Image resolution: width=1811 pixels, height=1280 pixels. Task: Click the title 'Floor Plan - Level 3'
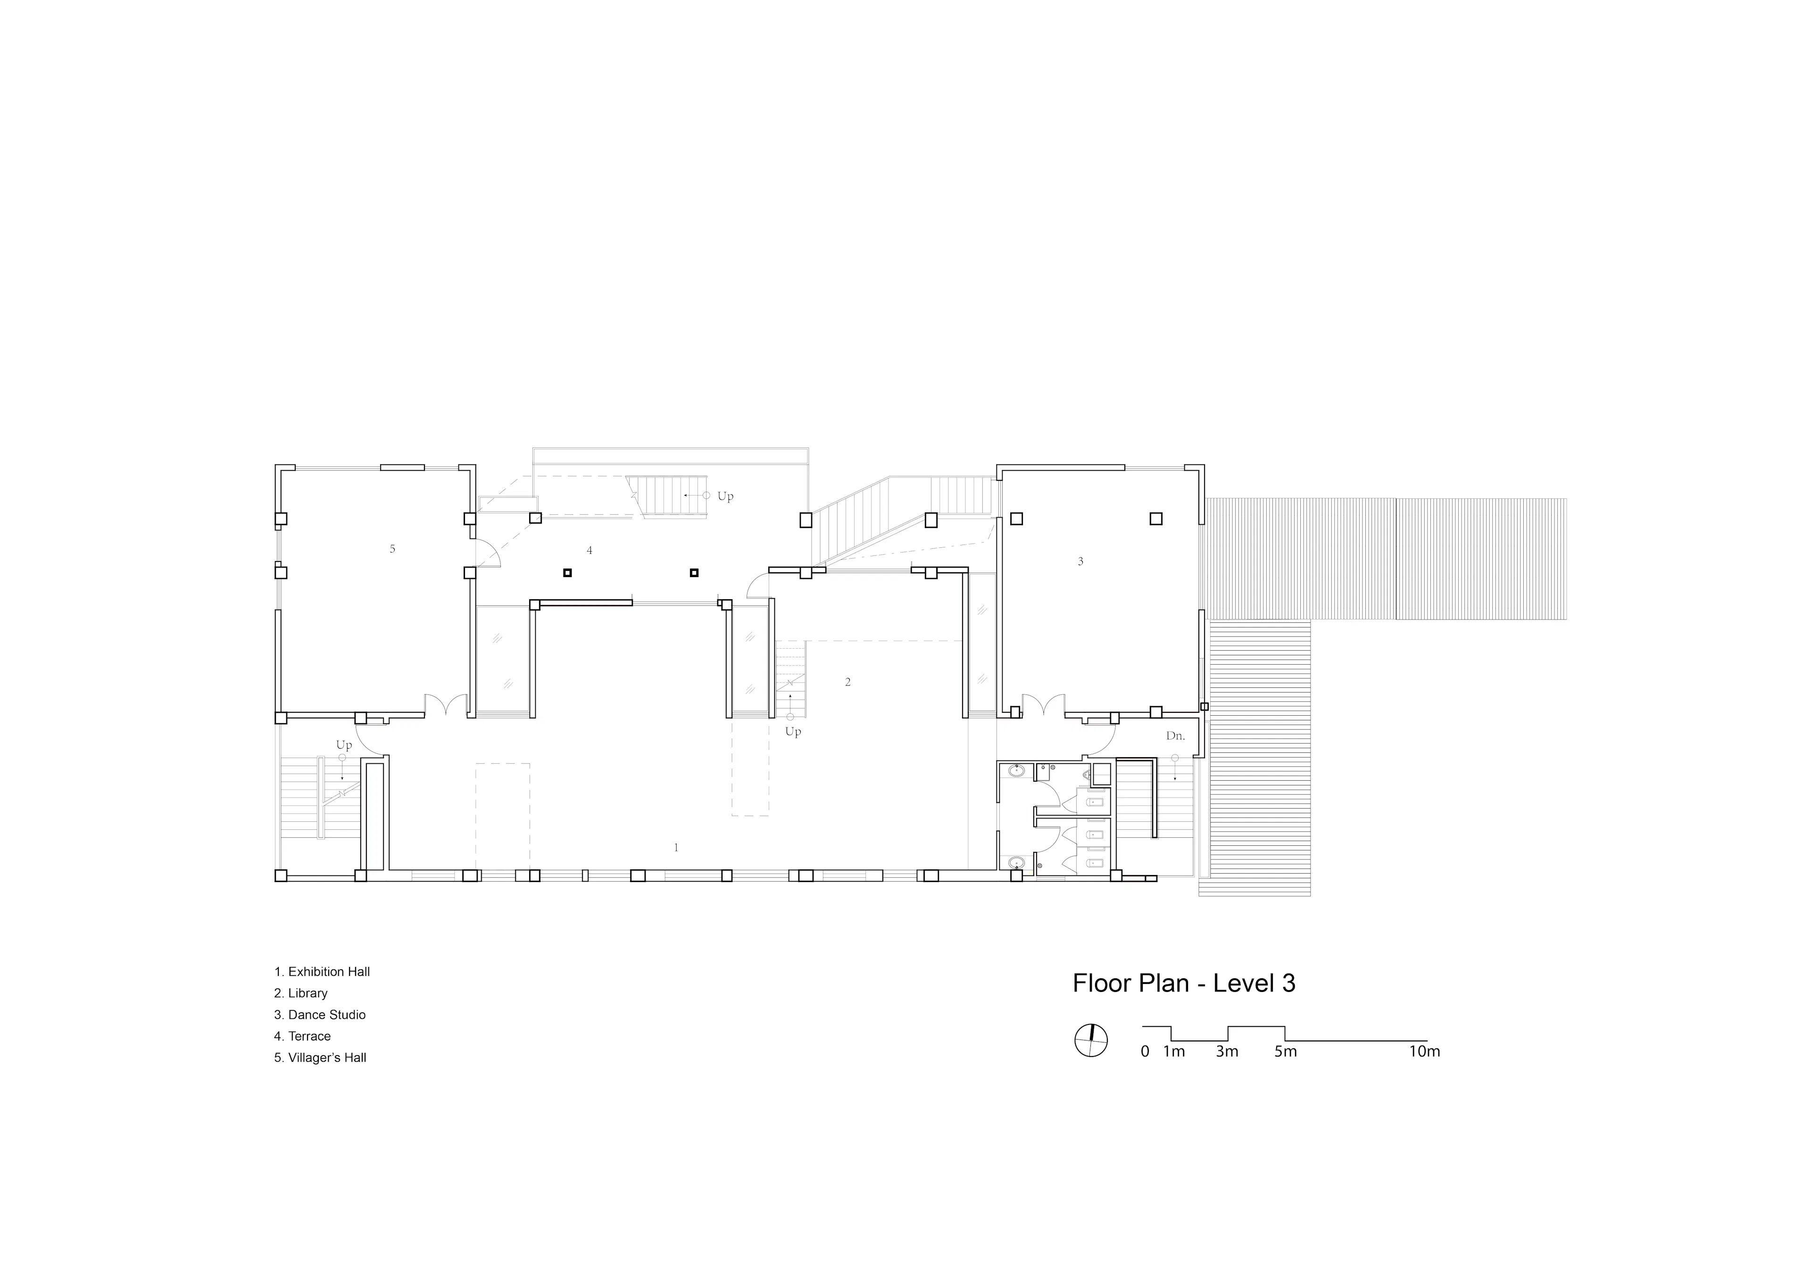[1183, 983]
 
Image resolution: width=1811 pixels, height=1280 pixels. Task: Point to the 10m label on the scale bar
[1424, 1051]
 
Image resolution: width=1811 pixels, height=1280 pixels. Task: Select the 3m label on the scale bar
[1227, 1051]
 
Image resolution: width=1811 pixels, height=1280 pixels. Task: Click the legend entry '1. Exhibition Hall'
[322, 972]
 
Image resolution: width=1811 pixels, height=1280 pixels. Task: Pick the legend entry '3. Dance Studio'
[319, 1014]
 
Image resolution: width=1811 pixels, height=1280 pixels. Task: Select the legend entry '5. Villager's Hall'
[320, 1057]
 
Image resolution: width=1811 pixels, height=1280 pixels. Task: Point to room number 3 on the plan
[1080, 562]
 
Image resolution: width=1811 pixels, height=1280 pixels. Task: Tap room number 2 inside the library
[848, 682]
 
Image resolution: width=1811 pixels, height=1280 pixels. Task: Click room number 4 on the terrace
[589, 551]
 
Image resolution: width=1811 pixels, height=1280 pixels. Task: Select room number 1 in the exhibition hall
[676, 848]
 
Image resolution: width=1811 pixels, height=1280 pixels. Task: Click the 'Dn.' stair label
[1175, 736]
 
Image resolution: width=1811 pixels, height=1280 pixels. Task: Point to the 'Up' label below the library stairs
[793, 732]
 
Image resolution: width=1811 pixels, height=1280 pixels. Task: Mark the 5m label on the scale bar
[1285, 1051]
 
